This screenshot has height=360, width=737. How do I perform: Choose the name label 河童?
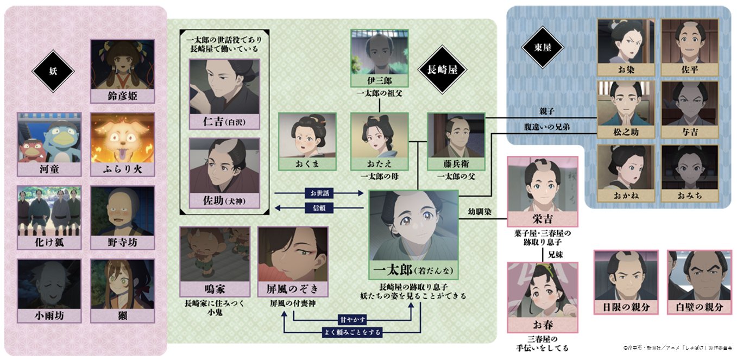(49, 169)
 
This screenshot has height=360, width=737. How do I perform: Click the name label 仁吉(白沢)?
(224, 122)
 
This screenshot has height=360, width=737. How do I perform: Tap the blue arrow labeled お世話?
(319, 193)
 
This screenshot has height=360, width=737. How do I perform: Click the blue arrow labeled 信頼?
(319, 207)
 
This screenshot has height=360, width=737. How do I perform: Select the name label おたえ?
(379, 163)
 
